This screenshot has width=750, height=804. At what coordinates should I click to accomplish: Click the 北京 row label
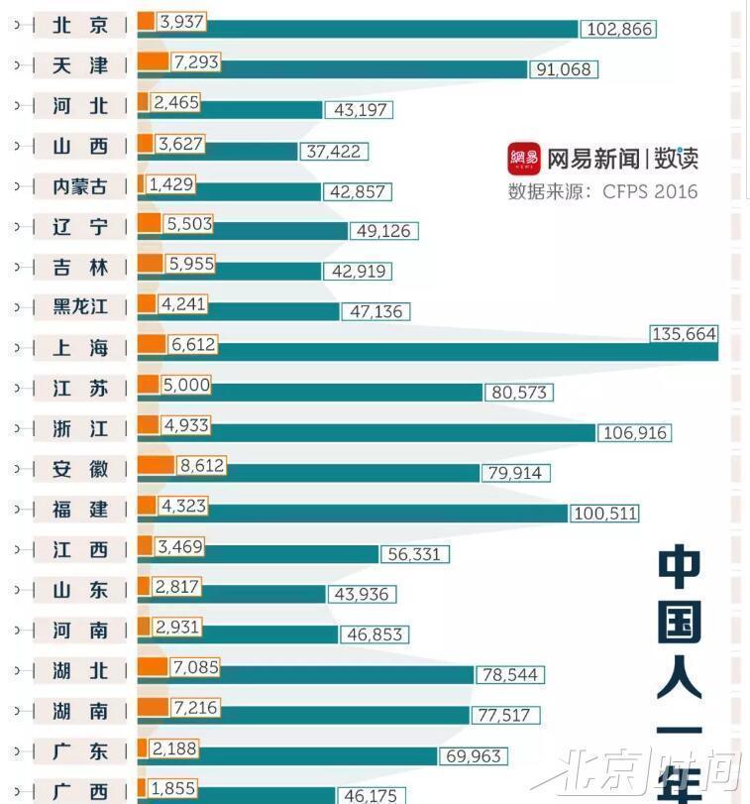[80, 25]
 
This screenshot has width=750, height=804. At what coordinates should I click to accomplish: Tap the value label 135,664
[684, 334]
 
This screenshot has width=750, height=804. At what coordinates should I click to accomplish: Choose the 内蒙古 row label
[80, 186]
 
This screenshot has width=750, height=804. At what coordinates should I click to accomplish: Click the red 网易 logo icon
[524, 158]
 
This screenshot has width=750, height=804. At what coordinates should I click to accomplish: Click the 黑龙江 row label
[80, 307]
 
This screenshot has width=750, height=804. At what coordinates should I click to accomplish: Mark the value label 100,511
[604, 514]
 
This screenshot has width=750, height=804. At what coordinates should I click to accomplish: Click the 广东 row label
[80, 751]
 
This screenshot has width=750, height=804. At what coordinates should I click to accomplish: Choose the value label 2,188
[175, 748]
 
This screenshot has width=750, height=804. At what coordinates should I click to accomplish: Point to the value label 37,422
[333, 152]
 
